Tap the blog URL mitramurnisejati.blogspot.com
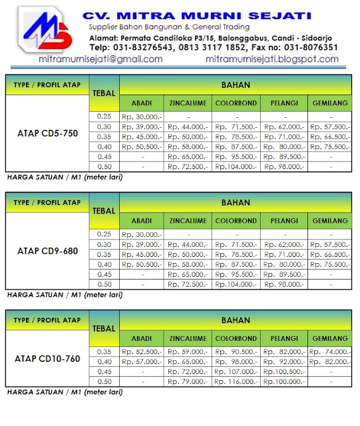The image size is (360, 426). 271,59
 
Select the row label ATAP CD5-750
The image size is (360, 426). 47,134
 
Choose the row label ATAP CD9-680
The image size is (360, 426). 47,251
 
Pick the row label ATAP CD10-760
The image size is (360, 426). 47,359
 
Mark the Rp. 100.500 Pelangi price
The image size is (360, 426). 283,371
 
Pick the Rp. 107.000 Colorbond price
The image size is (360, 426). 236,371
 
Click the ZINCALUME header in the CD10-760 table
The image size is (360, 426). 188,336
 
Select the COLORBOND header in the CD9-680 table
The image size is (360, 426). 236,220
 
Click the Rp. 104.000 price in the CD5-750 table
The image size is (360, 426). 236,166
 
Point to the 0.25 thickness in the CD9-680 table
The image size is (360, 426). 104,234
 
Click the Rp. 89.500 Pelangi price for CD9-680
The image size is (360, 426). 283,274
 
